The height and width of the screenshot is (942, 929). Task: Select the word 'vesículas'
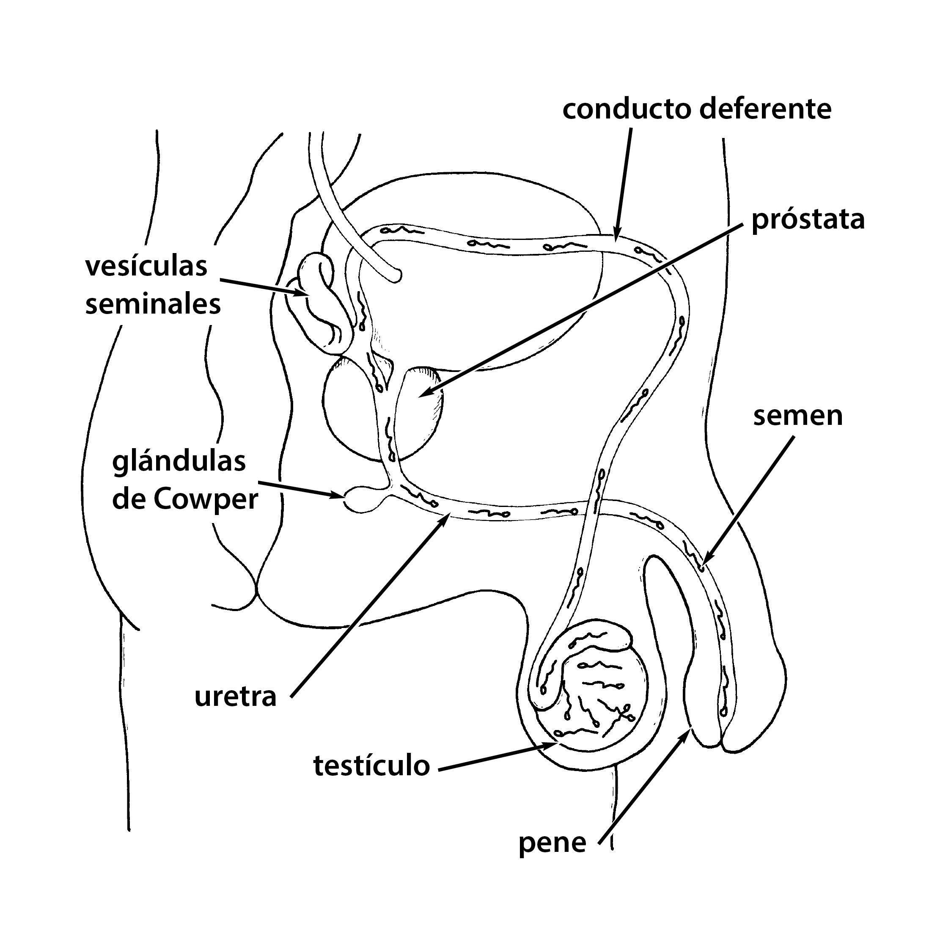(146, 266)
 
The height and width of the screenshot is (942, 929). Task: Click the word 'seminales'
(153, 304)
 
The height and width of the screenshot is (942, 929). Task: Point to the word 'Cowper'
(205, 500)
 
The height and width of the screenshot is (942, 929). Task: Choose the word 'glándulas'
(179, 462)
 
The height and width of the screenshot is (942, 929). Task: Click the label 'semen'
(797, 416)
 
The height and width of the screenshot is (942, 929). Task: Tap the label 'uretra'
(235, 697)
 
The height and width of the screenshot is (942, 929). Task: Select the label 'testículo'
(371, 765)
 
